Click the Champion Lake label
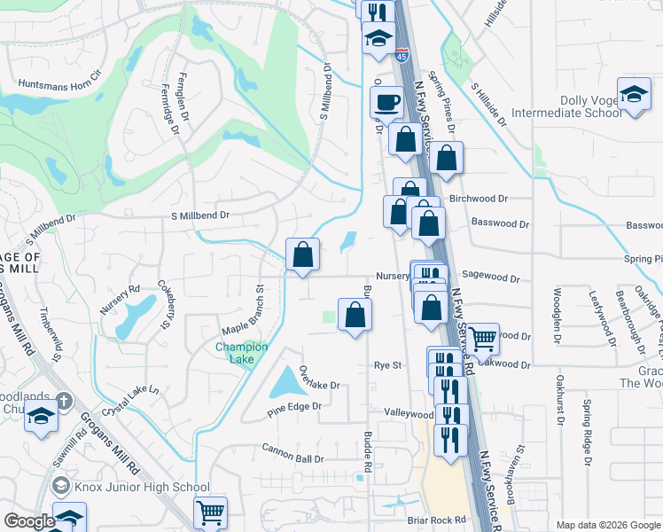(242, 353)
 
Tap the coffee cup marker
(386, 101)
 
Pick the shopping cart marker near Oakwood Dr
(481, 338)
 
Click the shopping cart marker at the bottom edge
(210, 512)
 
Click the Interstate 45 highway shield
(402, 56)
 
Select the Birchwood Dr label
(479, 199)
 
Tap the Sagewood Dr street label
(490, 277)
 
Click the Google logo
(28, 521)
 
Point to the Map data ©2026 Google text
(606, 525)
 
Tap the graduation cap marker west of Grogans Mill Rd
(41, 416)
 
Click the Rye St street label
(388, 365)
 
